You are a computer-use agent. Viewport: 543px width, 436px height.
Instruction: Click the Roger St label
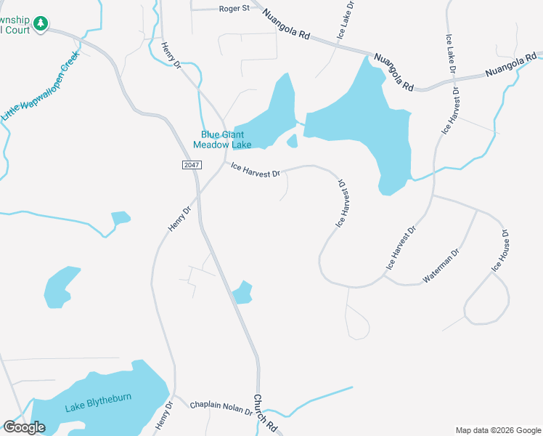(x=234, y=9)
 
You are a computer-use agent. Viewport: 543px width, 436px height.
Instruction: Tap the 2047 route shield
(x=191, y=166)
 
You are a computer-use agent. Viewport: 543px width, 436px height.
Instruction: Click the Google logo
(x=24, y=427)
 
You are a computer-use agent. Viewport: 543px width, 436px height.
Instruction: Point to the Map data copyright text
(x=498, y=430)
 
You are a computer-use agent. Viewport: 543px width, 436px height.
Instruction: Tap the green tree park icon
(x=41, y=24)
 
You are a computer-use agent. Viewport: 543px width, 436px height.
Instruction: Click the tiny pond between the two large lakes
(x=292, y=141)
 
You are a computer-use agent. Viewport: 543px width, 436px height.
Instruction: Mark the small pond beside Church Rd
(x=242, y=292)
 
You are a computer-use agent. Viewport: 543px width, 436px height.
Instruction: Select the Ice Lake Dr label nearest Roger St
(x=346, y=20)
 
